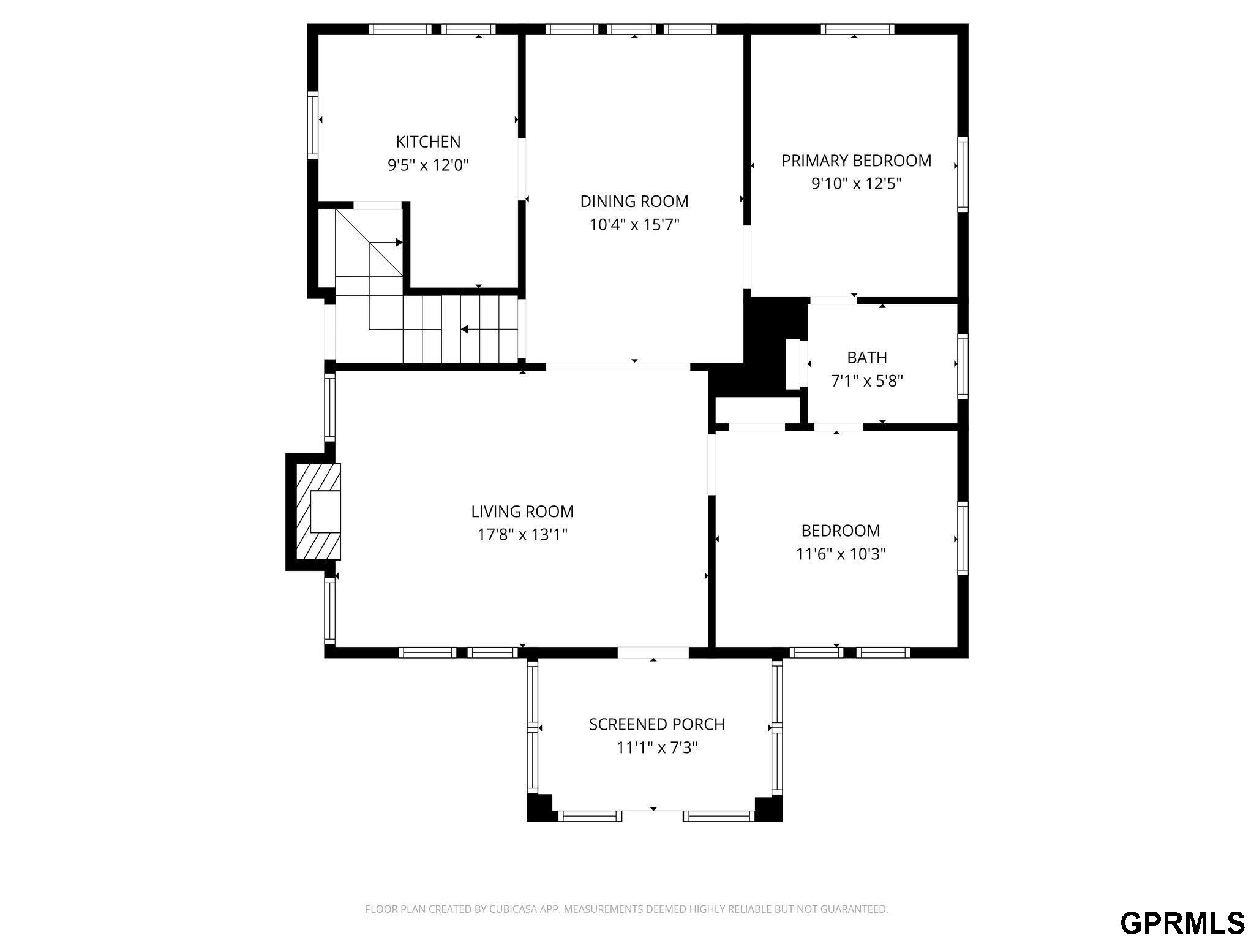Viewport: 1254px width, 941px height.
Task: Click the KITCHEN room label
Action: (428, 142)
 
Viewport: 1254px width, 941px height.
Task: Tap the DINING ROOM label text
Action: (634, 201)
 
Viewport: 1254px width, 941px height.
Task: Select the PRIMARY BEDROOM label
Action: (857, 161)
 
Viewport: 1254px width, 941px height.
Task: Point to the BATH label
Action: (867, 357)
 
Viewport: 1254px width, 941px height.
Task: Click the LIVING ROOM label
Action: (522, 512)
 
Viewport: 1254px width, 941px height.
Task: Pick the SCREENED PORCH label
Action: (657, 724)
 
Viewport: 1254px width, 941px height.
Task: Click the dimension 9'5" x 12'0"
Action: (428, 165)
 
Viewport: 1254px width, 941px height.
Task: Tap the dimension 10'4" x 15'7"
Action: (634, 224)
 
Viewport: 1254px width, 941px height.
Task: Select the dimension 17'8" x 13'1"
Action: (522, 535)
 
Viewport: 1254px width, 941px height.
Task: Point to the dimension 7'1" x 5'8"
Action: (867, 380)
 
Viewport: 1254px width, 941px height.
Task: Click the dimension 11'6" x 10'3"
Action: (841, 554)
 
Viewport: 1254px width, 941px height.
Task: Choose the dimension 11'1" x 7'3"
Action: (657, 747)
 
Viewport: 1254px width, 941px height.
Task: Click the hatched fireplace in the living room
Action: (318, 512)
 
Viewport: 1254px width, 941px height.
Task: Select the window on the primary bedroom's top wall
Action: (857, 29)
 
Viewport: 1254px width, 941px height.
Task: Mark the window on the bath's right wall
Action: (963, 366)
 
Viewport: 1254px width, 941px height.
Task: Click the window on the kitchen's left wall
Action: (313, 125)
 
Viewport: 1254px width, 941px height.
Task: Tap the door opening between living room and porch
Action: (653, 652)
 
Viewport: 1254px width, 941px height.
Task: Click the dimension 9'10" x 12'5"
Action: (857, 184)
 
